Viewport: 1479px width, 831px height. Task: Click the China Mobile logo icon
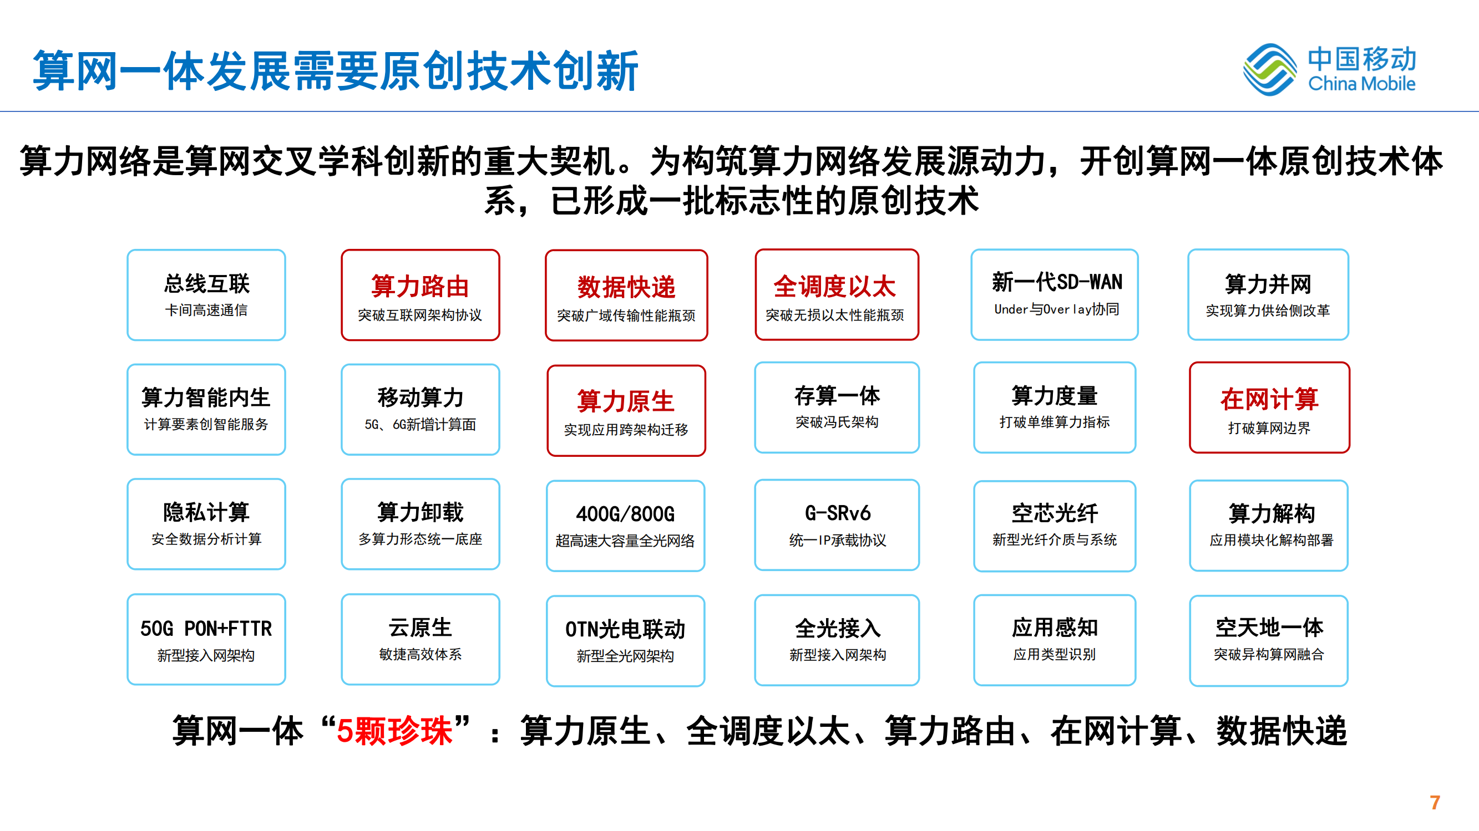(1269, 69)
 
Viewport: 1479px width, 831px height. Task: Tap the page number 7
(1435, 802)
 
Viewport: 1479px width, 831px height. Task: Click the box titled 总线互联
(206, 295)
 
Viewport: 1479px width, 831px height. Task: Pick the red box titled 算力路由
(421, 295)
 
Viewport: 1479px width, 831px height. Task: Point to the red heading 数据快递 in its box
(626, 287)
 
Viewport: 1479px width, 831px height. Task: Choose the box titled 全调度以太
(837, 294)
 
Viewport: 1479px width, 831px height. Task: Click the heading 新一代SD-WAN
(1057, 282)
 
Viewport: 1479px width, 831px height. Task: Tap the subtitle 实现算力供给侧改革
(1268, 310)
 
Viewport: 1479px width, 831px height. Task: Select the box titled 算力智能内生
(206, 409)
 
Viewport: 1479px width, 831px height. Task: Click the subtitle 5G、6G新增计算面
(421, 425)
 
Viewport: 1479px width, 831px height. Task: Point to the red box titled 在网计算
(1269, 407)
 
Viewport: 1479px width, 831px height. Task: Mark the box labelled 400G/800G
(625, 526)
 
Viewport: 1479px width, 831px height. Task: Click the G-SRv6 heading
(838, 513)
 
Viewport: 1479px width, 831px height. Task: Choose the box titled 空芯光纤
(1055, 526)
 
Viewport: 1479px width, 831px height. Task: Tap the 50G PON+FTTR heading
(206, 629)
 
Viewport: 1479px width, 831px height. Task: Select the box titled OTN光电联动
(625, 640)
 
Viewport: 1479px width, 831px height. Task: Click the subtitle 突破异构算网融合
(1269, 654)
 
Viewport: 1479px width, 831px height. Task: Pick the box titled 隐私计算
(206, 524)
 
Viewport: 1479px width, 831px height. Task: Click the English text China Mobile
(1362, 84)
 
